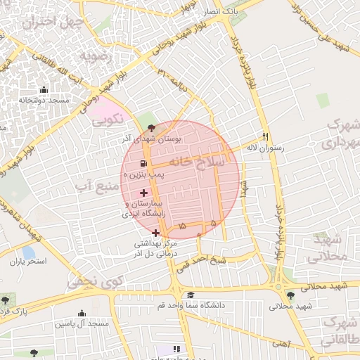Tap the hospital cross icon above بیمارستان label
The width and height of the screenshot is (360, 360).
click(144, 192)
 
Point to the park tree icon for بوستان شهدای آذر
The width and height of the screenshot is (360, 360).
click(153, 129)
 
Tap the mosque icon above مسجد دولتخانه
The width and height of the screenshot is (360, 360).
click(44, 89)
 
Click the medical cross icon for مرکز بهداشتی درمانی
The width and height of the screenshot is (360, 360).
click(155, 232)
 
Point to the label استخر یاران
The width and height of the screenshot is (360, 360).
click(27, 262)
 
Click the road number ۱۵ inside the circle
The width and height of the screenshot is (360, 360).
click(182, 226)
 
